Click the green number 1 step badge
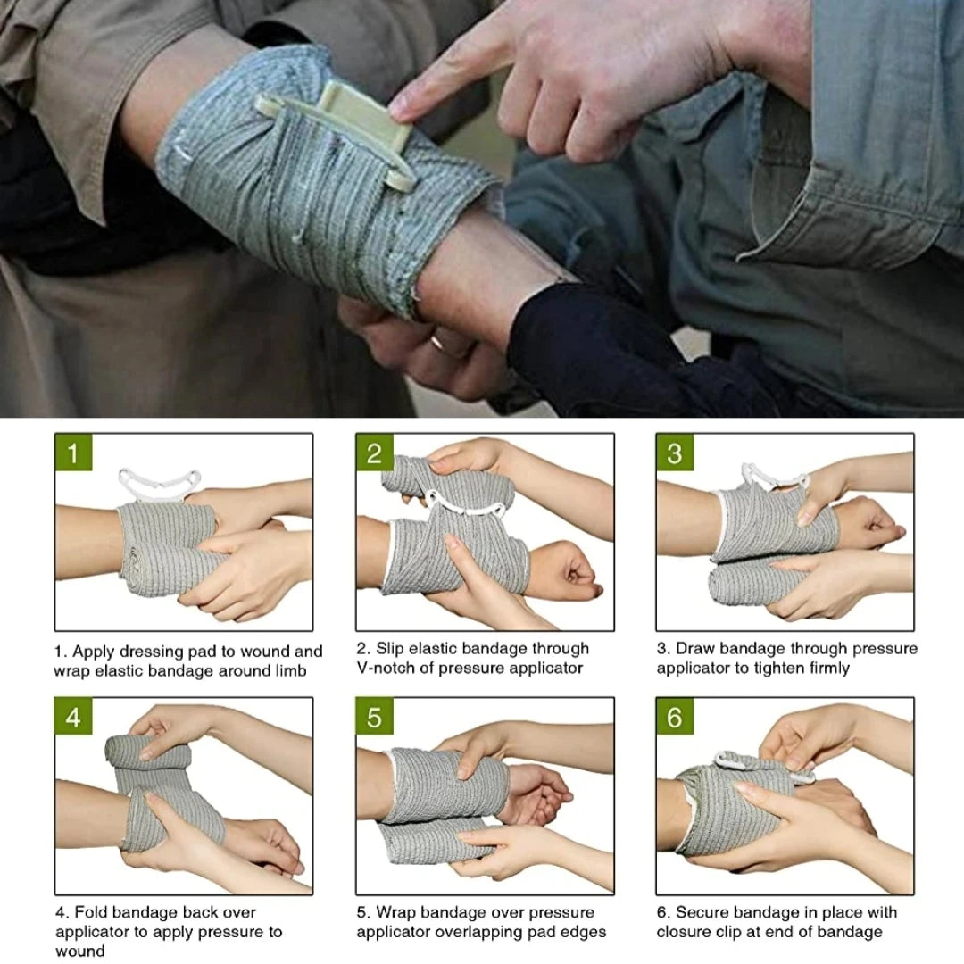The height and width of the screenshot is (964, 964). click(x=73, y=453)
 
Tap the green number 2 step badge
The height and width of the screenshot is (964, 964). click(x=374, y=453)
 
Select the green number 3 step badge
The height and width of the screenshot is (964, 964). click(x=675, y=453)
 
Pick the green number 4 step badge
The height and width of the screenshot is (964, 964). click(x=73, y=718)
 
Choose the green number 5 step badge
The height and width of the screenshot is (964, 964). click(x=374, y=718)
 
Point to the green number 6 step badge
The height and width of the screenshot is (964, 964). click(x=675, y=718)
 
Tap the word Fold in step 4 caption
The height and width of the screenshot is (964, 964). click(x=92, y=912)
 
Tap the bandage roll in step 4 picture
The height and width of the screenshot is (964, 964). click(x=147, y=753)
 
